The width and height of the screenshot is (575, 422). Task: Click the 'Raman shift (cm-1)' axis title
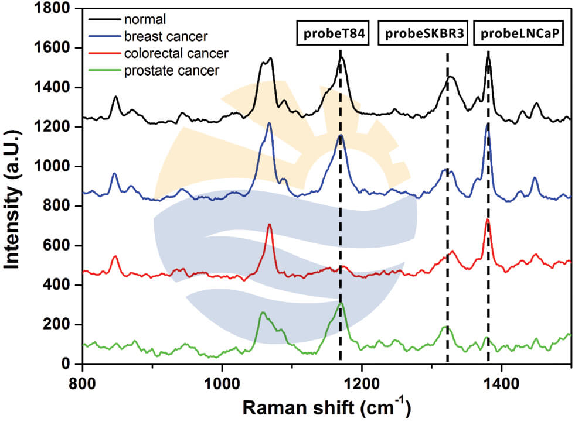[327, 406]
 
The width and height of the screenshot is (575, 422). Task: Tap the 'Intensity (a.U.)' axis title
[15, 186]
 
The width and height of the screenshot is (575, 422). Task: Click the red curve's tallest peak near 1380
[487, 220]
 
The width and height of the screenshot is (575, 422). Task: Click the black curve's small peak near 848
[115, 97]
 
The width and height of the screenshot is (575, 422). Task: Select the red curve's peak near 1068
[269, 224]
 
